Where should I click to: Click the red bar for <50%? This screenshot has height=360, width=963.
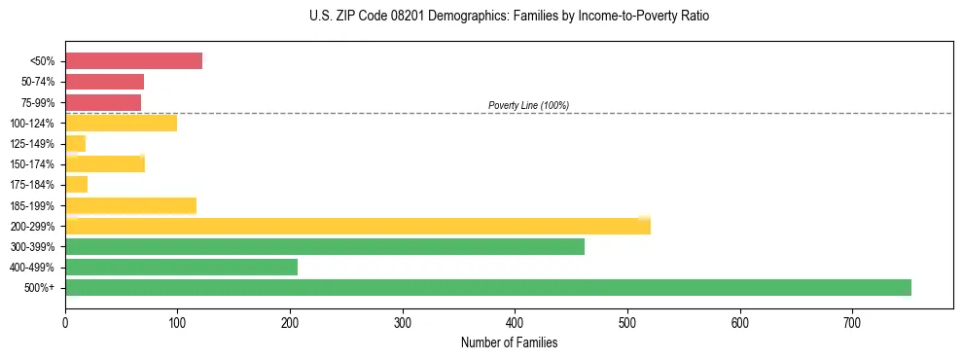(x=133, y=61)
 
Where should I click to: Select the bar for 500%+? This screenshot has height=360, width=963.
(x=487, y=288)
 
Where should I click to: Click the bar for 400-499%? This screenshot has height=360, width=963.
(x=181, y=268)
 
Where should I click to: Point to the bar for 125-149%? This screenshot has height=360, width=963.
(x=75, y=144)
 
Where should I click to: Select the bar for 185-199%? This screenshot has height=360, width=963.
(x=130, y=205)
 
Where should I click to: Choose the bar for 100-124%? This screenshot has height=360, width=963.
(x=121, y=123)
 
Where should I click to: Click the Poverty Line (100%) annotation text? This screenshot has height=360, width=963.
(x=528, y=105)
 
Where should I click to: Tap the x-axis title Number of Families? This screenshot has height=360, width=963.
(x=509, y=342)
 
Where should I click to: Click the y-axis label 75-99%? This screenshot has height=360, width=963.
(x=38, y=103)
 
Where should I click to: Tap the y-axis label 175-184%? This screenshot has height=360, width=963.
(x=35, y=185)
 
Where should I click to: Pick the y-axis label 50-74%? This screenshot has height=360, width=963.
(x=38, y=83)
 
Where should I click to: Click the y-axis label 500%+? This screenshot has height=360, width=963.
(x=40, y=288)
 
